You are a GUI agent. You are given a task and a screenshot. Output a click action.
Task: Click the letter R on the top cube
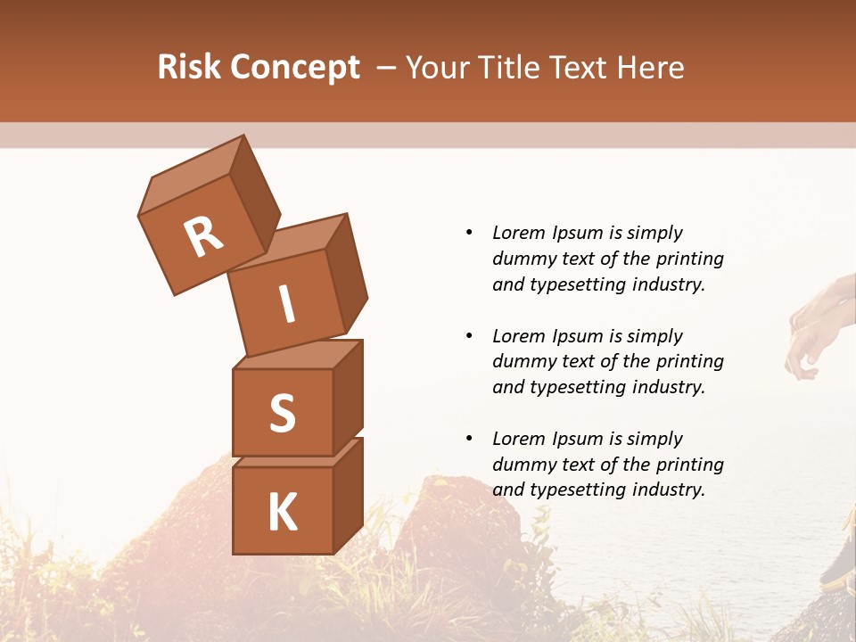pos(203,236)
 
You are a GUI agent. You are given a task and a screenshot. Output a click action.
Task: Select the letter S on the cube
pos(282,413)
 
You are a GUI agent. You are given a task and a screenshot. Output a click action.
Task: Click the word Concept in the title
pos(295,68)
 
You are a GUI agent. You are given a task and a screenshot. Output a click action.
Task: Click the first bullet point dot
pos(469,233)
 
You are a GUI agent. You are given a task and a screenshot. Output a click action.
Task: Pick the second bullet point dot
pos(469,336)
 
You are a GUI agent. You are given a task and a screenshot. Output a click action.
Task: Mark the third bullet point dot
pos(469,439)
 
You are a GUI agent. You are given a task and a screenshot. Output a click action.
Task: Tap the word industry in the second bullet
pos(666,387)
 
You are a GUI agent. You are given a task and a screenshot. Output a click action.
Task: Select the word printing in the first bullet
pos(690,259)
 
